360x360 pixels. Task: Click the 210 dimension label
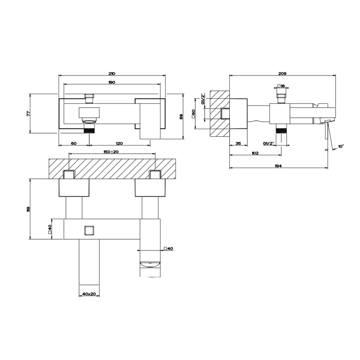(112, 74)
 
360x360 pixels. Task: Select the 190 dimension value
(112, 82)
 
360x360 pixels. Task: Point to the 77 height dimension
(28, 113)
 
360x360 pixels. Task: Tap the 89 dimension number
(181, 116)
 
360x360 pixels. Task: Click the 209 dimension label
(282, 74)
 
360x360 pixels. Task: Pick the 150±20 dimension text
(111, 152)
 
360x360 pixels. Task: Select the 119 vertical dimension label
(28, 209)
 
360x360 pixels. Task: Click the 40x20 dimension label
(89, 294)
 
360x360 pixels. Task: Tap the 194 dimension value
(278, 166)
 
